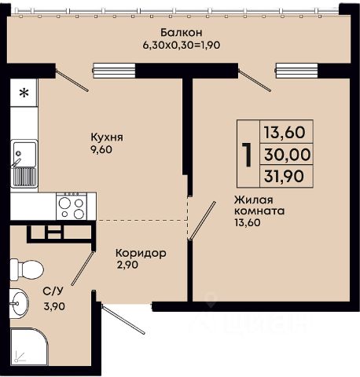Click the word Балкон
pyautogui.click(x=182, y=33)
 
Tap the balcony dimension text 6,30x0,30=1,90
pyautogui.click(x=182, y=46)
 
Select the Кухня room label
pyautogui.click(x=107, y=137)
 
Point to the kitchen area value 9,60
pyautogui.click(x=101, y=150)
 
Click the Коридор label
pyautogui.click(x=141, y=254)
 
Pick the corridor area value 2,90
pyautogui.click(x=128, y=265)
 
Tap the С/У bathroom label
pyautogui.click(x=53, y=291)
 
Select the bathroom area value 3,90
pyautogui.click(x=54, y=306)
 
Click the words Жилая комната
pyautogui.click(x=259, y=205)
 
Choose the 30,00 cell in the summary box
pyautogui.click(x=288, y=155)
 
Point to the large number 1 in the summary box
pyautogui.click(x=247, y=155)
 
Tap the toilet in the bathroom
pyautogui.click(x=26, y=269)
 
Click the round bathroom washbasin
pyautogui.click(x=19, y=304)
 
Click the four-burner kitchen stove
pyautogui.click(x=72, y=207)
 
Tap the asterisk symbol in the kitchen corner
pyautogui.click(x=24, y=93)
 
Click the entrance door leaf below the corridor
pyautogui.click(x=123, y=319)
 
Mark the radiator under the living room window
pyautogui.click(x=296, y=71)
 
